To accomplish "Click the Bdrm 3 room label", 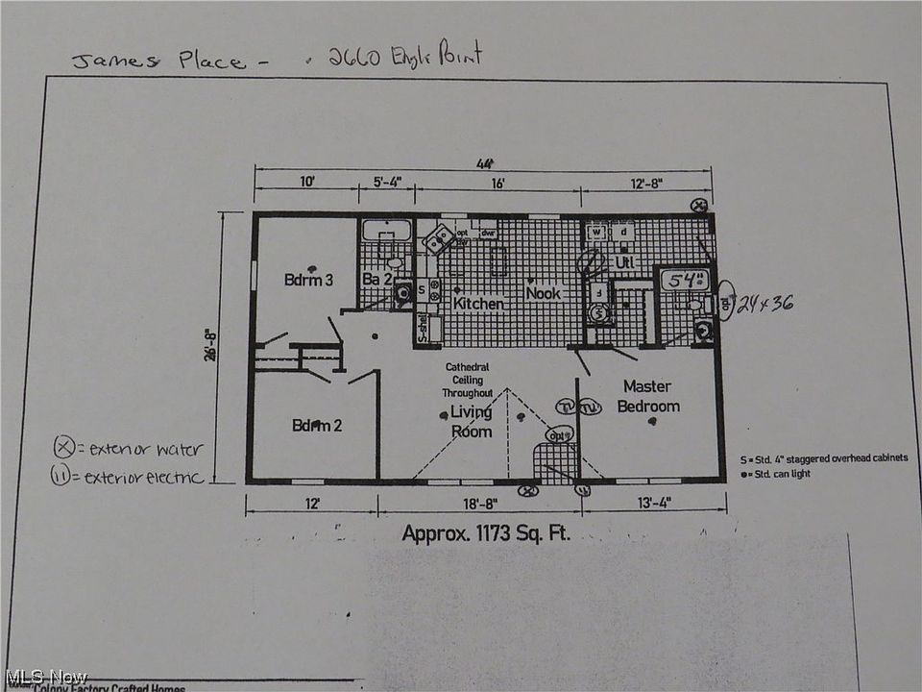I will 308,280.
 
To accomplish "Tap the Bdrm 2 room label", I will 317,425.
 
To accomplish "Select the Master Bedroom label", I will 647,396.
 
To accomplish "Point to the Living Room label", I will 472,421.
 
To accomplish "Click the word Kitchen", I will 478,304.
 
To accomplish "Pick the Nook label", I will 543,292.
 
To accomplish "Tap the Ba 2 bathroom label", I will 376,280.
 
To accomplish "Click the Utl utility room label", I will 625,261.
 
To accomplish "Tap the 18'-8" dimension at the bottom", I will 477,503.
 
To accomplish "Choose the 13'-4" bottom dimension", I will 652,503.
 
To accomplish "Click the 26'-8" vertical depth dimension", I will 234,347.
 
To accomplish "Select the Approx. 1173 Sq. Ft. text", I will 485,532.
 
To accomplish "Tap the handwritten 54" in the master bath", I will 687,282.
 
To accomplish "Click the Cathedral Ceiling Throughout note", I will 468,380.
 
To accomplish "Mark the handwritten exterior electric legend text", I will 143,476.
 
